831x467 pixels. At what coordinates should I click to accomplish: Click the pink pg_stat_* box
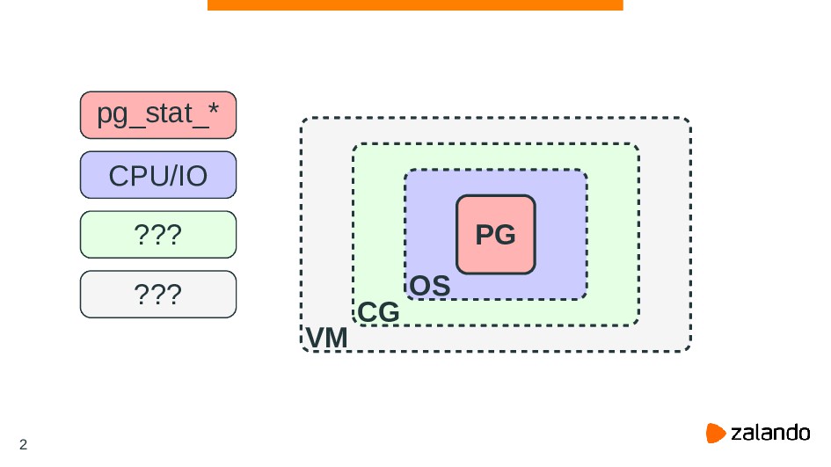pyautogui.click(x=158, y=115)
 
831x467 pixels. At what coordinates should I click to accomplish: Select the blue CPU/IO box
pyautogui.click(x=158, y=175)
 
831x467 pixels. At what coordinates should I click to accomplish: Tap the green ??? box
pyautogui.click(x=158, y=234)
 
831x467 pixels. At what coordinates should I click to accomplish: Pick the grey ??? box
pyautogui.click(x=158, y=294)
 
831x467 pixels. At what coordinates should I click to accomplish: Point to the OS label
pyautogui.click(x=430, y=287)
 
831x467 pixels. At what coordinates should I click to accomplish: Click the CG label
pyautogui.click(x=378, y=313)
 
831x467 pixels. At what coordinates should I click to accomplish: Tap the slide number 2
pyautogui.click(x=23, y=444)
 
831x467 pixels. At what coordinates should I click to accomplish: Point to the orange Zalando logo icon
pyautogui.click(x=717, y=433)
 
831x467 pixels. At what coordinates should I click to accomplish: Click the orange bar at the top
pyautogui.click(x=415, y=5)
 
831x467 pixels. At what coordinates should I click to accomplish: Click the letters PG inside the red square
pyautogui.click(x=495, y=236)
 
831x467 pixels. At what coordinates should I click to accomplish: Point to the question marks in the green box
pyautogui.click(x=157, y=235)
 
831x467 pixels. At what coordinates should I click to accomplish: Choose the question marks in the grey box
pyautogui.click(x=157, y=295)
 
